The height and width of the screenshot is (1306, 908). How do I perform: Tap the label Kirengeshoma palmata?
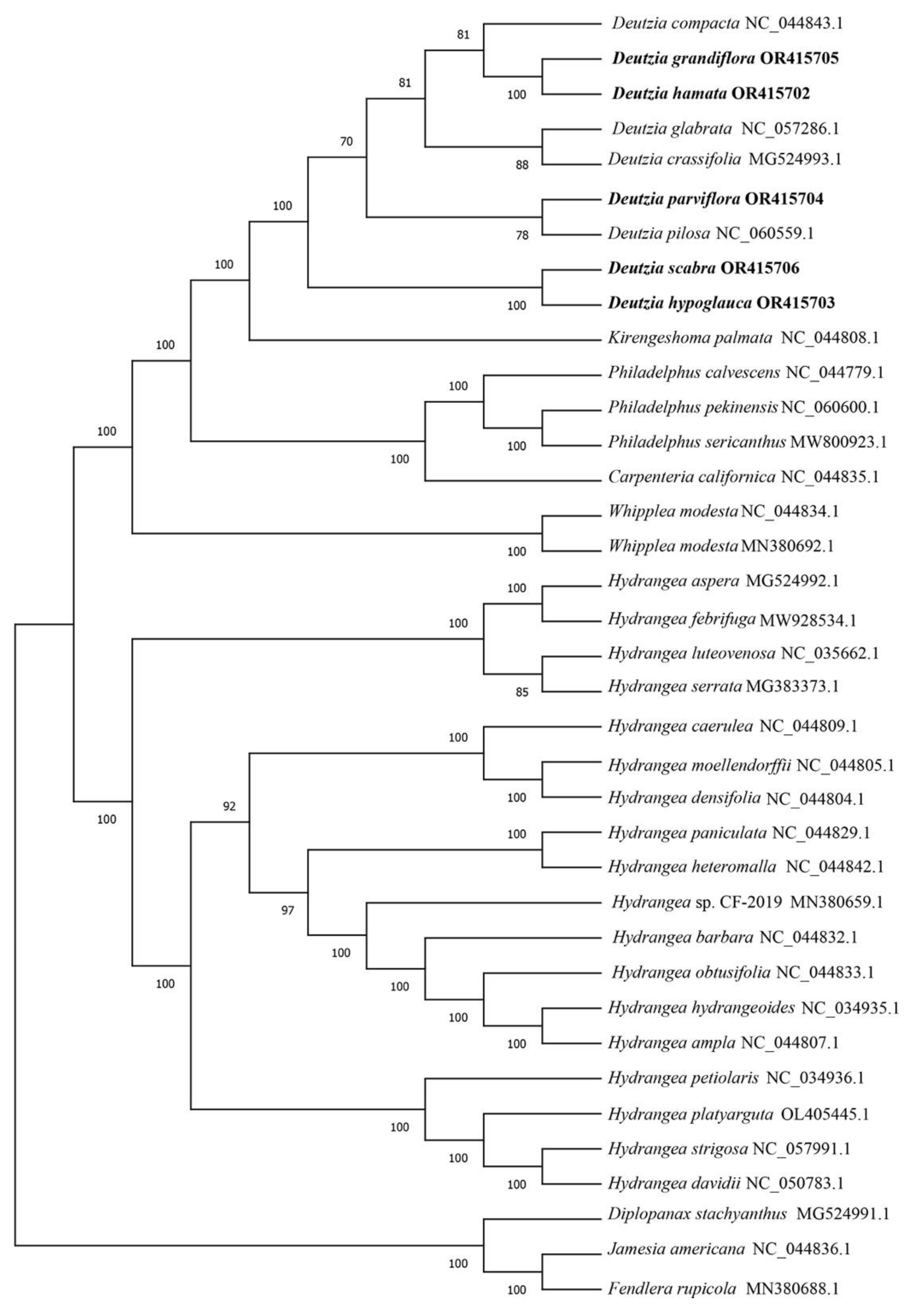(x=689, y=338)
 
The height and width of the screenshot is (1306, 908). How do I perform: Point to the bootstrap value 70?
(x=347, y=142)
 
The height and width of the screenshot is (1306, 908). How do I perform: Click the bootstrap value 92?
(x=229, y=807)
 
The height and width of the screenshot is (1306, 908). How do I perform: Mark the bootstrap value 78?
(x=522, y=235)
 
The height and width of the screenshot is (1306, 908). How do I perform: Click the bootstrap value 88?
(x=522, y=166)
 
